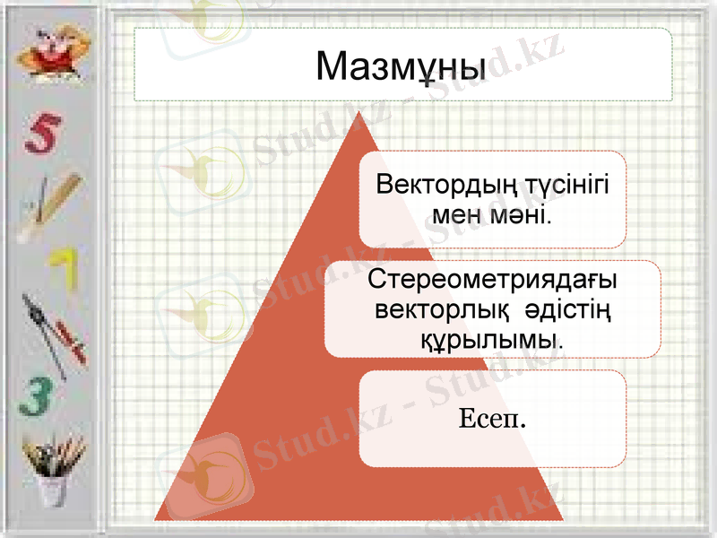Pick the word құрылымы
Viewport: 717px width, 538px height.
pyautogui.click(x=490, y=339)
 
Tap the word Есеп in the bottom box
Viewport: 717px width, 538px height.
pyautogui.click(x=489, y=418)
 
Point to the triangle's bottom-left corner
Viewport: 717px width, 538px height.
pyautogui.click(x=156, y=519)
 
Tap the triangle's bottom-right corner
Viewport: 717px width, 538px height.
pyautogui.click(x=562, y=519)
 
